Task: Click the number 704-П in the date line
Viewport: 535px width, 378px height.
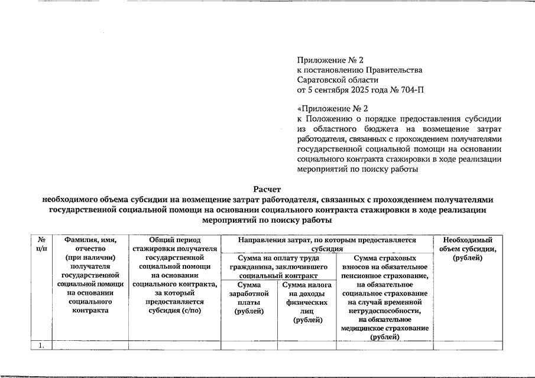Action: point(410,90)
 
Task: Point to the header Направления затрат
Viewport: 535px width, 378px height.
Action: point(326,245)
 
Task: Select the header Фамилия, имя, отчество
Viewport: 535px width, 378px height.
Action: point(90,245)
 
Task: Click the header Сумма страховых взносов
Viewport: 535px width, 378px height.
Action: point(384,263)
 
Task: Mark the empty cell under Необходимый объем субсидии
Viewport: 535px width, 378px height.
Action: point(468,346)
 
